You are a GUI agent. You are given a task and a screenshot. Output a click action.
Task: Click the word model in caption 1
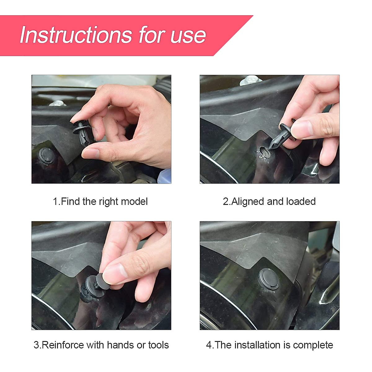point(134,201)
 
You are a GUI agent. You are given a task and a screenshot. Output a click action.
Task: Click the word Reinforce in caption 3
point(63,345)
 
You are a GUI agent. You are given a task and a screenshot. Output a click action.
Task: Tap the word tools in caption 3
point(158,345)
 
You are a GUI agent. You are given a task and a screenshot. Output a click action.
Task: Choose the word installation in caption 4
point(258,345)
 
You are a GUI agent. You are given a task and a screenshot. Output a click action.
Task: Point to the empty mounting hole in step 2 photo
point(265,151)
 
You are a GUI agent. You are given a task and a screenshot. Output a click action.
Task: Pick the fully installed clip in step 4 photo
point(268,279)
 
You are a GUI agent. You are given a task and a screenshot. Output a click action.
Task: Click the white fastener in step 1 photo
point(57,103)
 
